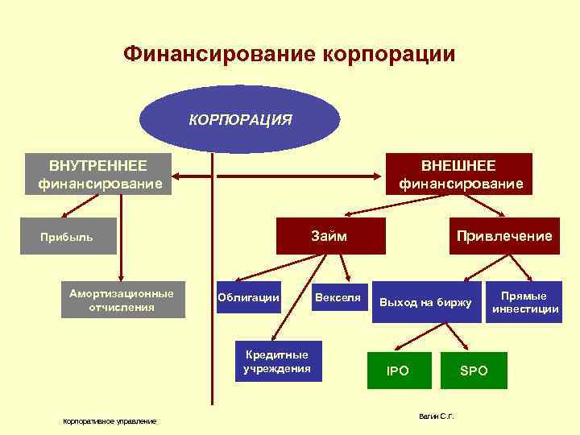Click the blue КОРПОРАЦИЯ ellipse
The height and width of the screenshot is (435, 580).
pos(240,119)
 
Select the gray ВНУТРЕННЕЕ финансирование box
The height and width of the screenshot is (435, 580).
pos(98,175)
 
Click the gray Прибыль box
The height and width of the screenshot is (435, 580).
pos(68,237)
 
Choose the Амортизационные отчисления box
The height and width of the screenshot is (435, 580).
pos(122,300)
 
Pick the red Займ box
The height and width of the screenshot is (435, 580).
pos(330,236)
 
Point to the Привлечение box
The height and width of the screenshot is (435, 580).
pos(503,236)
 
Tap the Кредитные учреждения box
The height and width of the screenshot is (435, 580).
pos(277,362)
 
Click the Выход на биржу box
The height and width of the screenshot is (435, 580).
pos(425,303)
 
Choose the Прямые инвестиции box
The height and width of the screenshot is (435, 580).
pos(523,302)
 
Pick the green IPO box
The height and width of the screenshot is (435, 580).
pos(398,371)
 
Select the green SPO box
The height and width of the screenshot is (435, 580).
pos(474,371)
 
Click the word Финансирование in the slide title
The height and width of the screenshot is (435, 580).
pos(218,55)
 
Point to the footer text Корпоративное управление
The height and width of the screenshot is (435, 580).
pos(110,421)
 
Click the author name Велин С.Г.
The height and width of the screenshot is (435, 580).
pos(437,416)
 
